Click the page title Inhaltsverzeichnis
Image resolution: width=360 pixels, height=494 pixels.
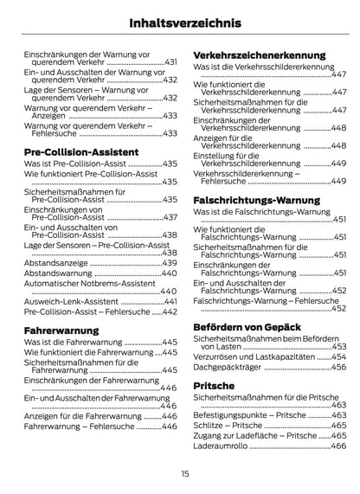(x=180, y=23)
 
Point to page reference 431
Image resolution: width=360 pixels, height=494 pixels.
(x=170, y=62)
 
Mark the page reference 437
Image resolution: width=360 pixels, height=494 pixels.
(x=170, y=217)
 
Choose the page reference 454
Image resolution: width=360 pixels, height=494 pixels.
(x=337, y=356)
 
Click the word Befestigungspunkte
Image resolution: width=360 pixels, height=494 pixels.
(x=228, y=414)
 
